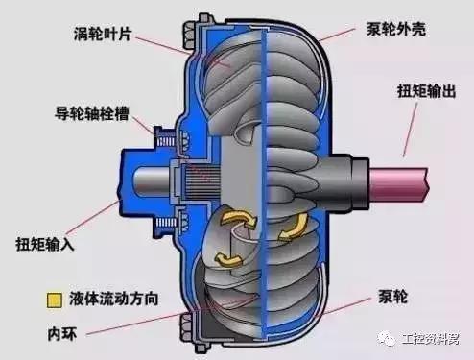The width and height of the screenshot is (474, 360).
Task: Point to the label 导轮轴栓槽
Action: pyautogui.click(x=88, y=112)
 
